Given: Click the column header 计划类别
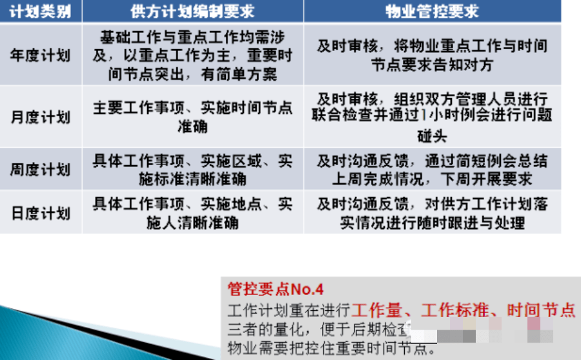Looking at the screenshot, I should point(40,11).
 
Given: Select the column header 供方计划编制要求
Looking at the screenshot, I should point(192,11).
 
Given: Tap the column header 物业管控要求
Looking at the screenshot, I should point(432,11).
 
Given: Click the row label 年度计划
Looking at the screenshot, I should point(40,54).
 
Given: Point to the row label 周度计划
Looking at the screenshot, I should point(40,170).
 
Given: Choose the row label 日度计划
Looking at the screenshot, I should point(40,213).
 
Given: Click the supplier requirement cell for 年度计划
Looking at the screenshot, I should point(192,55).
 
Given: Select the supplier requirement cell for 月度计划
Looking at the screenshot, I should point(192,116).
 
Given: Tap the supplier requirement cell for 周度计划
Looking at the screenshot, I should point(192,170).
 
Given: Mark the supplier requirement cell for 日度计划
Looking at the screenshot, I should point(192,213).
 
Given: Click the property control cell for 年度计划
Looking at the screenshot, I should point(432,55).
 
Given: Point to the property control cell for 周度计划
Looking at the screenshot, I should point(432,170).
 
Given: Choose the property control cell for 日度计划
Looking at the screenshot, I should point(432,213).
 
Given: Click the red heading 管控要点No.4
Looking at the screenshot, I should point(276,288).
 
